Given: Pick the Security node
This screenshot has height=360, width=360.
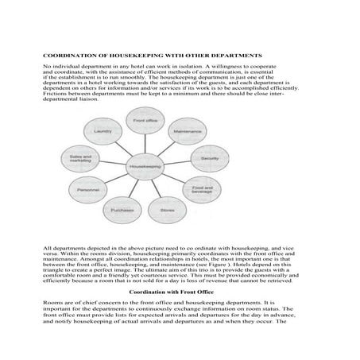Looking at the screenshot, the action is [211, 158].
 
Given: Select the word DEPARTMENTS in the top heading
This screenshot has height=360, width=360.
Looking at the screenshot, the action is [238, 55].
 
